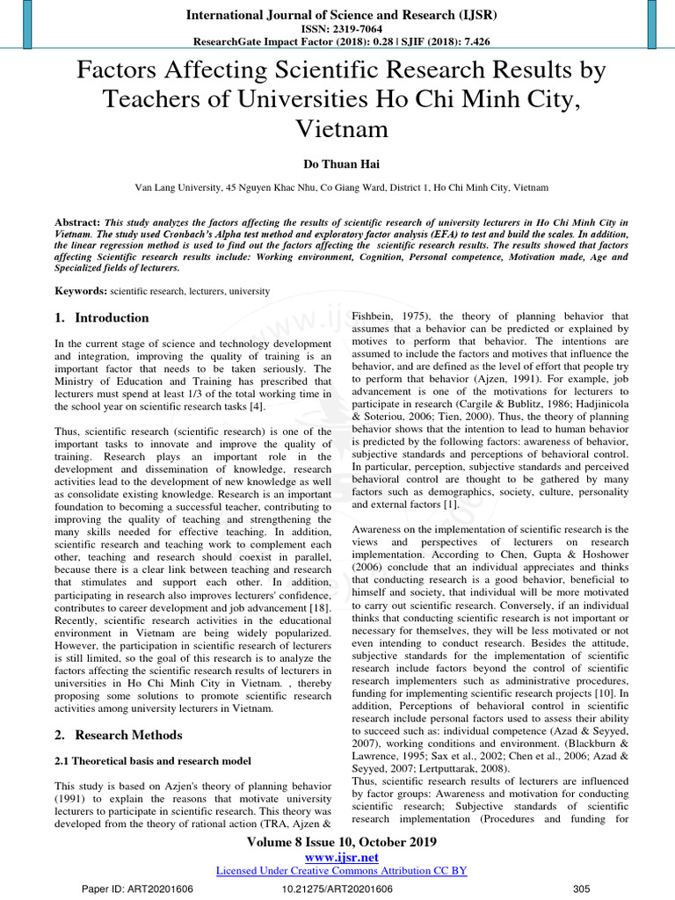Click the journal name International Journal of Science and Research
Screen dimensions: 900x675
[x=337, y=16]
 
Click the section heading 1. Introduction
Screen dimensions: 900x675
[x=102, y=318]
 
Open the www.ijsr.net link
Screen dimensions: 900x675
[x=337, y=857]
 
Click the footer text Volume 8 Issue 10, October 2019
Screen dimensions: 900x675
[x=337, y=842]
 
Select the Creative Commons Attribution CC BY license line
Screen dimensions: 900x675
[x=341, y=870]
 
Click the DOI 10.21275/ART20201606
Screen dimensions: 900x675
[x=337, y=889]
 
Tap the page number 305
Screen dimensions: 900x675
[x=581, y=889]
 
